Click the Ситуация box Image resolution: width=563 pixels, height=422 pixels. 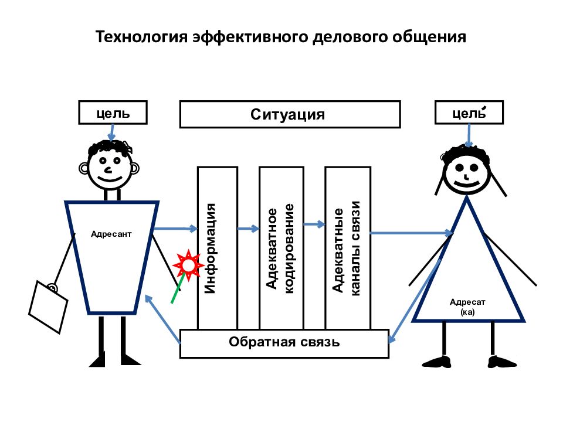pyautogui.click(x=290, y=114)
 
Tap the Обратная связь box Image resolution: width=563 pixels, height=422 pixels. pyautogui.click(x=284, y=343)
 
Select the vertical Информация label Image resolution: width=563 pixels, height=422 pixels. pyautogui.click(x=210, y=249)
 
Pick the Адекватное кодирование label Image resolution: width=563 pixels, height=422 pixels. pyautogui.click(x=280, y=249)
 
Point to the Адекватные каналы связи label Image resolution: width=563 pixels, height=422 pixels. pyautogui.click(x=346, y=248)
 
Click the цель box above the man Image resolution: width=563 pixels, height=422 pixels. pyautogui.click(x=113, y=113)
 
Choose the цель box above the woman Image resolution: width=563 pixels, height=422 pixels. pyautogui.click(x=469, y=113)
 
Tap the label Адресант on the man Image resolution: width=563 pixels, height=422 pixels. pyautogui.click(x=111, y=234)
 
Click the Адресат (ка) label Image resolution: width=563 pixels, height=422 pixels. pyautogui.click(x=467, y=307)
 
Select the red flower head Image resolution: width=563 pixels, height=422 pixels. pyautogui.click(x=188, y=266)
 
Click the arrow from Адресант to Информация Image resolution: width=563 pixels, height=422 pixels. pyautogui.click(x=175, y=228)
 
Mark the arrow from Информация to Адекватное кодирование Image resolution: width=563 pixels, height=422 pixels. pyautogui.click(x=248, y=228)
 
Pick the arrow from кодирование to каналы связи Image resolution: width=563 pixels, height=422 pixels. pyautogui.click(x=314, y=224)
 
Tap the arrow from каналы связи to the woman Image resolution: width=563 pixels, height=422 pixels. pyautogui.click(x=412, y=233)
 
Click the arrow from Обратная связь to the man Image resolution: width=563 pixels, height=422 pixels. pyautogui.click(x=162, y=319)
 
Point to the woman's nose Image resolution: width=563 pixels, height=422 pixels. pyautogui.click(x=466, y=177)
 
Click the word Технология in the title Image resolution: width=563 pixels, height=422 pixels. pyautogui.click(x=141, y=36)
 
